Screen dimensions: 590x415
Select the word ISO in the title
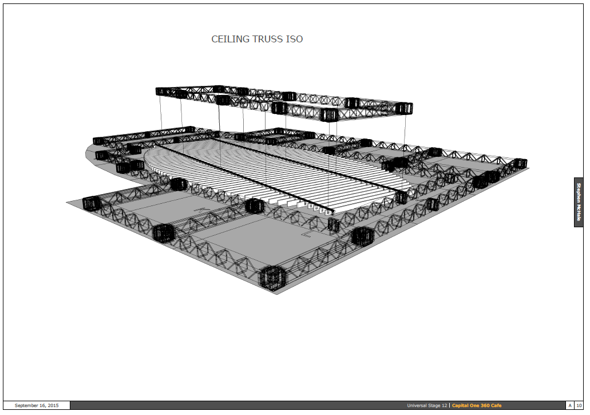pos(294,39)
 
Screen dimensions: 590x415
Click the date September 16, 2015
pos(37,405)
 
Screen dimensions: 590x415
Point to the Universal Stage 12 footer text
pos(427,405)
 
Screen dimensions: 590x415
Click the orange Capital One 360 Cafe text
pos(477,405)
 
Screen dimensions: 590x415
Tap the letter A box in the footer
pos(570,405)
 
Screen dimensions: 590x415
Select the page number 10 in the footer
pos(579,405)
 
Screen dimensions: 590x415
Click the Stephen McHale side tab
pos(579,202)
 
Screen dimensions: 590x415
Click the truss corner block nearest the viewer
pos(271,278)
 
